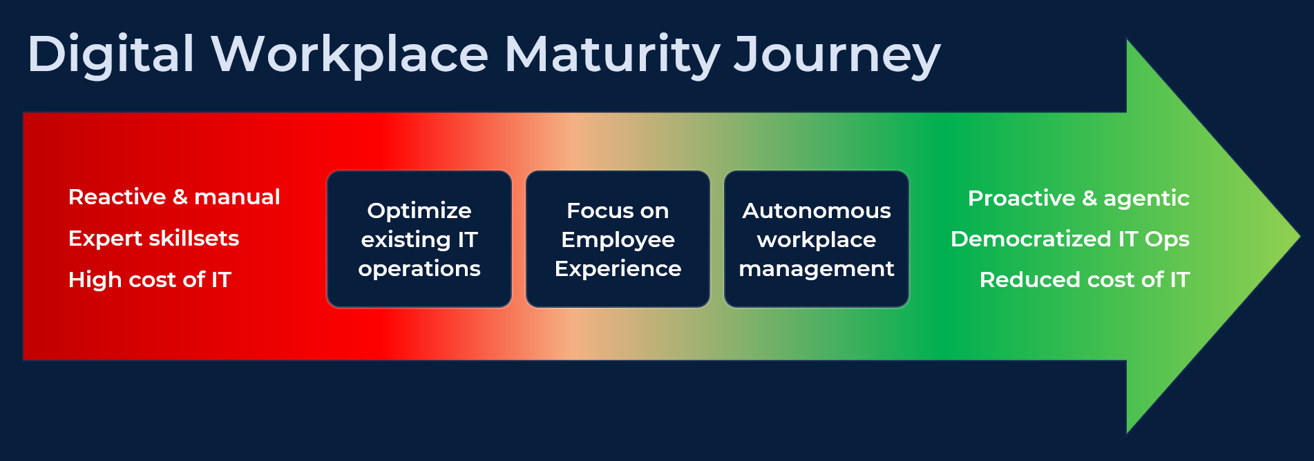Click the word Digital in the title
111,55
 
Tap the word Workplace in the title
350,55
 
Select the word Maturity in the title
612,55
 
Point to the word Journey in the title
837,55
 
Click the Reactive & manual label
174,197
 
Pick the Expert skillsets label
153,239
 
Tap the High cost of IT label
150,279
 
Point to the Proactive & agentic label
1078,199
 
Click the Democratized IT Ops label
1069,239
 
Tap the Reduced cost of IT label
1084,279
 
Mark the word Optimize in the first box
419,210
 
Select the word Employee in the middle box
618,239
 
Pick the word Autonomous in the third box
816,210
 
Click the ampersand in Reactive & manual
180,197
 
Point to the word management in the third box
816,268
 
